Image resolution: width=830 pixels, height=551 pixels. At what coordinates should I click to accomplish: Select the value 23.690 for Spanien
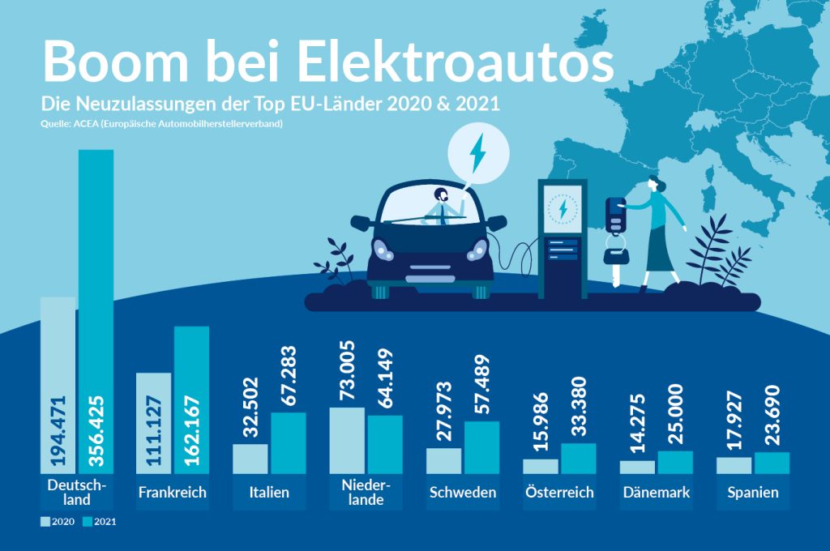[772, 416]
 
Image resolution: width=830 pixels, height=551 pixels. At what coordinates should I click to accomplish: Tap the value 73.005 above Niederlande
[347, 371]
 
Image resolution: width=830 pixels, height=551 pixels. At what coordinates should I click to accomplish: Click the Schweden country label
[463, 493]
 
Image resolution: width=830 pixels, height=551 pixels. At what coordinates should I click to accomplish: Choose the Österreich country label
[559, 493]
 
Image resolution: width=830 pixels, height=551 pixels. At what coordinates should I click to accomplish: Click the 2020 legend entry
[58, 522]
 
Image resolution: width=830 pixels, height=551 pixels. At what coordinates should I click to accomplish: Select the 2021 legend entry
[101, 522]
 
